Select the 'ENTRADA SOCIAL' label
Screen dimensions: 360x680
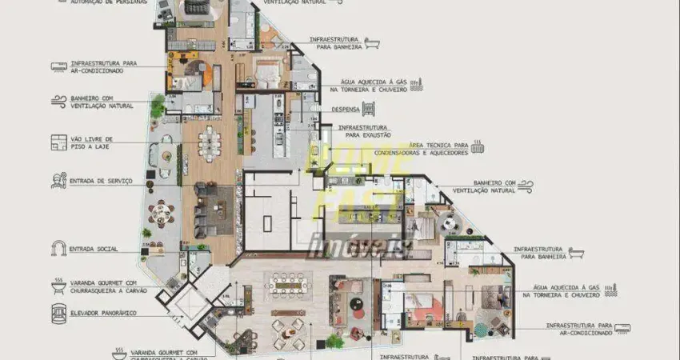(x=94, y=249)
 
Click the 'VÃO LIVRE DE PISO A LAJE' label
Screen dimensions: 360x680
(x=92, y=142)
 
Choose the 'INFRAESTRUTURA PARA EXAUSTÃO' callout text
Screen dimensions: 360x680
(x=363, y=131)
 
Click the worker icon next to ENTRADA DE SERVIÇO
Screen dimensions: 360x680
(x=58, y=182)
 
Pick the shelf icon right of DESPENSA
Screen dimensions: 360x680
(x=369, y=109)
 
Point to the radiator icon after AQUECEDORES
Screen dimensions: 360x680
(x=478, y=147)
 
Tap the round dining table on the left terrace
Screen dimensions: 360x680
(x=162, y=212)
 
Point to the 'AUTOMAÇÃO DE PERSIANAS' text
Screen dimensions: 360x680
(x=109, y=2)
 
